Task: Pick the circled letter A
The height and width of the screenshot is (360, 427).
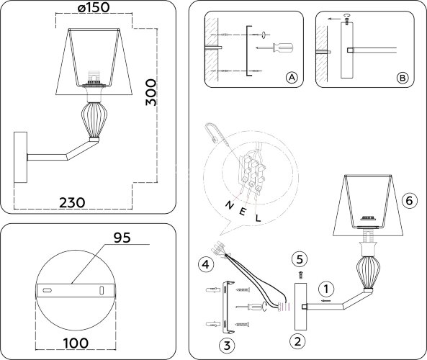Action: click(291, 78)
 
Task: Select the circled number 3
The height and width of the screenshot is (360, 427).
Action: click(227, 345)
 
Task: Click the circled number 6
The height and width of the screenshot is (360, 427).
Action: click(408, 200)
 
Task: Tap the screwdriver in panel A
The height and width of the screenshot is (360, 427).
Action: click(276, 48)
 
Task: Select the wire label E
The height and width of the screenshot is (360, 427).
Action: click(245, 212)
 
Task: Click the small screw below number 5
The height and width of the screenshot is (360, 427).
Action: click(302, 274)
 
